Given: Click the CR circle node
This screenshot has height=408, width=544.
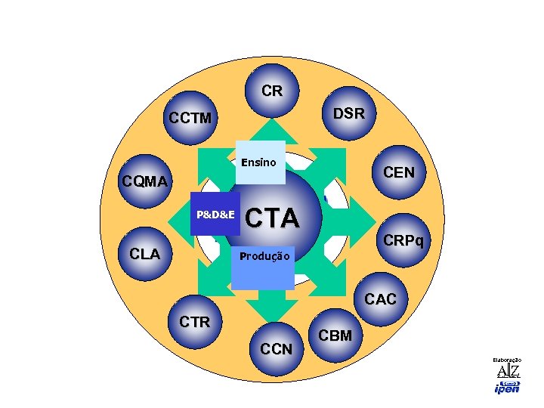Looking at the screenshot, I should pyautogui.click(x=272, y=92).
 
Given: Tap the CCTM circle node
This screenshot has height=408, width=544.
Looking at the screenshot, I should pyautogui.click(x=190, y=119).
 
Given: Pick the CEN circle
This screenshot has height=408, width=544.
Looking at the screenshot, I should pyautogui.click(x=398, y=173).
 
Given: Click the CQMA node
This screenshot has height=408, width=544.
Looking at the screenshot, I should pyautogui.click(x=146, y=182).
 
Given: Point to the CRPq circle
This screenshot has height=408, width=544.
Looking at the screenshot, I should pyautogui.click(x=403, y=241).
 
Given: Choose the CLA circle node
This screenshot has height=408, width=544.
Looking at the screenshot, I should pyautogui.click(x=145, y=254).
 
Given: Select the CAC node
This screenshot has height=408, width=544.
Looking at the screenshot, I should pyautogui.click(x=379, y=299).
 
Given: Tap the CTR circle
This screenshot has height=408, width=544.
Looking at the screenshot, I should pyautogui.click(x=195, y=323).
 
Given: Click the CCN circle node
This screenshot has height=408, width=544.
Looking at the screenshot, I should pyautogui.click(x=276, y=348).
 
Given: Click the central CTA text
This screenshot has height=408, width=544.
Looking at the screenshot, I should pyautogui.click(x=273, y=218).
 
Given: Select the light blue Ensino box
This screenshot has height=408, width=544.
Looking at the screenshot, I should pyautogui.click(x=260, y=162).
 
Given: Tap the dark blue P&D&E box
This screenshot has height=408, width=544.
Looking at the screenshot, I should pyautogui.click(x=215, y=215).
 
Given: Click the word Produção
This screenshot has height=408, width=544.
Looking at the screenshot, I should pyautogui.click(x=264, y=256).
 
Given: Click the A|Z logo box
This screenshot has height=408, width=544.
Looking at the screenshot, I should pyautogui.click(x=508, y=370).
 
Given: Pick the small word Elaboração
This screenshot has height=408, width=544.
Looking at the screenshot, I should pyautogui.click(x=507, y=360).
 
